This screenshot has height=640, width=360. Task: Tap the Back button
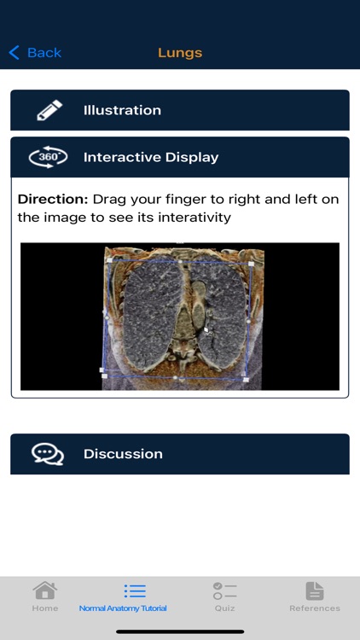[36, 53]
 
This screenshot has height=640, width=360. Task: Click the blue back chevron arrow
[14, 53]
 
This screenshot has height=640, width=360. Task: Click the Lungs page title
[180, 53]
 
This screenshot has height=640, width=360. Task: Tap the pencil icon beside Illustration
[49, 110]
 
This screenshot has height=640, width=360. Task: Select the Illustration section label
[122, 110]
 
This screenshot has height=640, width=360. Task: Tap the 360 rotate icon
[48, 157]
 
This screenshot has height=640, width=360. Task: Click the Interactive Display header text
[151, 157]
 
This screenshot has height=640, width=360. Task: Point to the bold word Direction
[52, 199]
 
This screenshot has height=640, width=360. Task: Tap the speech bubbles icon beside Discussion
[48, 454]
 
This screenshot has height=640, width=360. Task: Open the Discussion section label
[123, 454]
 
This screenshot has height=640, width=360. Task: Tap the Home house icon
[44, 591]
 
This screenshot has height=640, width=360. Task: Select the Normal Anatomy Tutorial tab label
[123, 608]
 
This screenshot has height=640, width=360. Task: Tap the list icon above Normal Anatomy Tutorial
[135, 591]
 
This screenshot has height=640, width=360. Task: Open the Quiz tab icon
[224, 591]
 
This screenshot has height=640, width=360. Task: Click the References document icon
[315, 591]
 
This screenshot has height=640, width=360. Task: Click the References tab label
[315, 608]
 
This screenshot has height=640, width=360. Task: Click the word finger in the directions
[186, 199]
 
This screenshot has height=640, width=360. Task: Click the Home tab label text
[44, 608]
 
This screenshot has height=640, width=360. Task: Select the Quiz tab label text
[224, 608]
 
